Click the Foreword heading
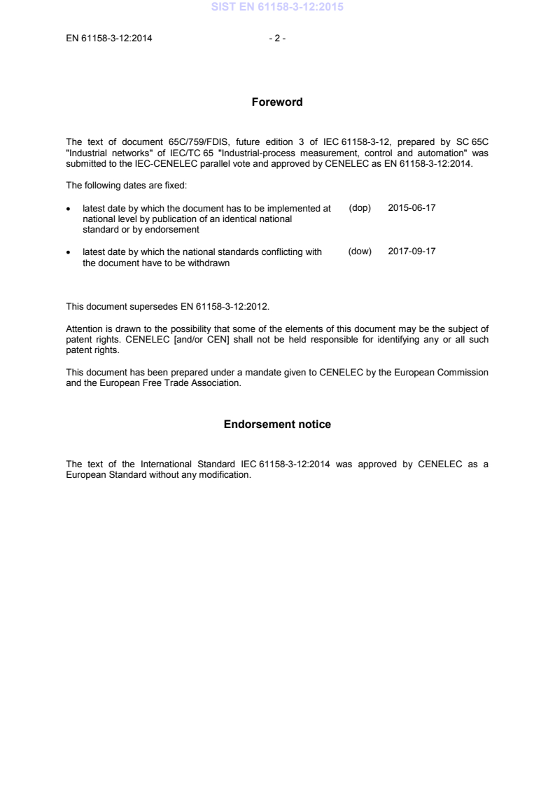pos(277,102)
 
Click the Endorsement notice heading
pos(277,425)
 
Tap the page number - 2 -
pos(277,39)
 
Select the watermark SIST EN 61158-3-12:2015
pos(277,8)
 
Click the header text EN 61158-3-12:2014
pos(109,39)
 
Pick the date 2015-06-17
pos(412,209)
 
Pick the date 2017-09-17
pos(412,251)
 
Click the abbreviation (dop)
pos(360,209)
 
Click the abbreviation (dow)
pos(360,251)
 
